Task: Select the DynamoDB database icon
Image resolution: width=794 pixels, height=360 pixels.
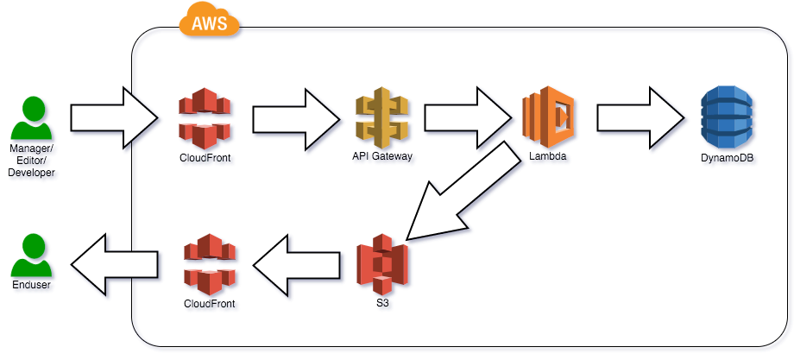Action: [x=728, y=118]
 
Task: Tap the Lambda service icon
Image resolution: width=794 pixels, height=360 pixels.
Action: [x=549, y=117]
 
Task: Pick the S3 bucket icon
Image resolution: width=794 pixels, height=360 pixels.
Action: [x=383, y=266]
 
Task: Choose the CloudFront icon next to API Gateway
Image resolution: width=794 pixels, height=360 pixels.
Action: [x=205, y=119]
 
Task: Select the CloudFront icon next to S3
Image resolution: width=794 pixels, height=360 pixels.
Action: [x=211, y=265]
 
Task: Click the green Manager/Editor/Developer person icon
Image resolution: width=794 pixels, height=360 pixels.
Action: [x=33, y=119]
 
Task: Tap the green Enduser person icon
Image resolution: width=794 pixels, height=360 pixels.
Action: [x=33, y=256]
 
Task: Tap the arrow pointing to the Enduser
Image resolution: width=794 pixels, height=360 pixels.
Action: [x=115, y=265]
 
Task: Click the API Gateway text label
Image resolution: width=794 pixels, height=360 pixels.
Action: [x=383, y=157]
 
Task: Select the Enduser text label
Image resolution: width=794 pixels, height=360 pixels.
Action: [x=32, y=284]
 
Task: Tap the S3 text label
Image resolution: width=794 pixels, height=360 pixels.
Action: [x=383, y=304]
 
